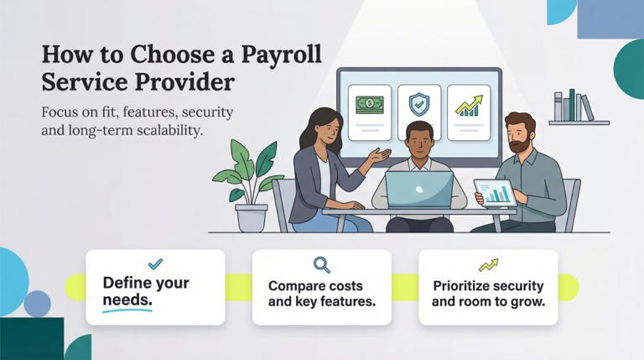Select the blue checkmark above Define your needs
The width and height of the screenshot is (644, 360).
pos(155,264)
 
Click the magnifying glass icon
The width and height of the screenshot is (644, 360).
pos(321,265)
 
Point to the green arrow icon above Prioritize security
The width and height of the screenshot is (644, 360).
pos(487,265)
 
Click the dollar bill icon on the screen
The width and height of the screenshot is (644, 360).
pos(369,105)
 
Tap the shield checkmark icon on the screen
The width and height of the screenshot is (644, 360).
pos(418,105)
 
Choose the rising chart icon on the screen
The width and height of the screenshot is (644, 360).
pos(469,105)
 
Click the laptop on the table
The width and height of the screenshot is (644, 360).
pos(420,190)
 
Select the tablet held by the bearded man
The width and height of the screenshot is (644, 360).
pos(495,193)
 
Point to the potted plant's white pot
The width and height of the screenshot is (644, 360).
pos(252,218)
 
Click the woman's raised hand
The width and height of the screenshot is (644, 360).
pos(381,155)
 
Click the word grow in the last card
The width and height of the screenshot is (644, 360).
pos(529,300)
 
